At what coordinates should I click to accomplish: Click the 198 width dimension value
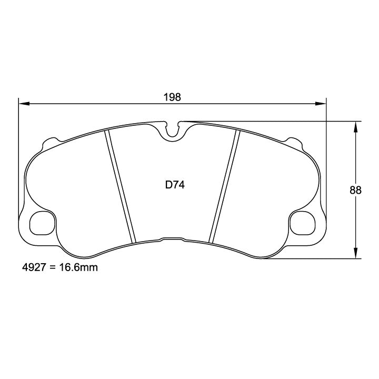tap(172, 97)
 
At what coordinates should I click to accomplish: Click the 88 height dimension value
tap(355, 190)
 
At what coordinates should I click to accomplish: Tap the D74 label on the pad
tap(175, 185)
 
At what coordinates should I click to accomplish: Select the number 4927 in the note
tap(34, 267)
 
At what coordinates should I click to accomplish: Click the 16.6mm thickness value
tap(78, 267)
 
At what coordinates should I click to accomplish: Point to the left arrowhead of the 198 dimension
tap(24, 104)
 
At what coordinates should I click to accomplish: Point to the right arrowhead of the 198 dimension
tap(321, 104)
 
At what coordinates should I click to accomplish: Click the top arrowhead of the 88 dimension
tap(355, 127)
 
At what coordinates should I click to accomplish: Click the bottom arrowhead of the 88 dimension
tap(355, 253)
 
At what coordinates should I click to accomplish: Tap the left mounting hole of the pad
tap(42, 223)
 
